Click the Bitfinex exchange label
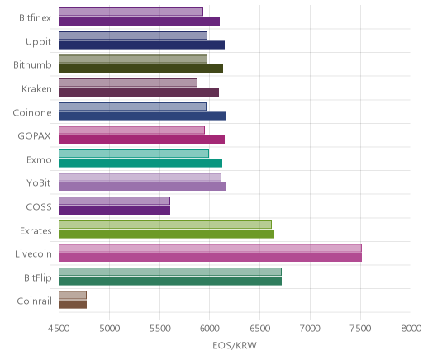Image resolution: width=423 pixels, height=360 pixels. coord(35,18)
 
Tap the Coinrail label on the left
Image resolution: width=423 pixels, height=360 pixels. coord(34,301)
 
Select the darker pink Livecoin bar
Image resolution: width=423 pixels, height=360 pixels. coord(210,258)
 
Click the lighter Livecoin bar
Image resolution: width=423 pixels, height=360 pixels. coord(210,248)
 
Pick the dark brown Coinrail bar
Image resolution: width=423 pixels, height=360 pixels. coord(73,305)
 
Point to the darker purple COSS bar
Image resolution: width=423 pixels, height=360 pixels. coord(114,211)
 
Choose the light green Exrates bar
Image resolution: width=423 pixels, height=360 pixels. coord(165,225)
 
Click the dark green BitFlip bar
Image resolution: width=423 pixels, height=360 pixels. coord(170,282)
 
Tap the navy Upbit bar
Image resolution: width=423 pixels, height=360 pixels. coord(141,45)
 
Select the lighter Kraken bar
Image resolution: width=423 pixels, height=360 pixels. coord(128,83)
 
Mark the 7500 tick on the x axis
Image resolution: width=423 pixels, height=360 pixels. coord(361,329)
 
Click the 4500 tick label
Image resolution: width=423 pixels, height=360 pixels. coord(59,329)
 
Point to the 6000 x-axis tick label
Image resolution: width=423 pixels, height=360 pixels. coord(209,329)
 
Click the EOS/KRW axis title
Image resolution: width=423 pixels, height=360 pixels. coord(235,346)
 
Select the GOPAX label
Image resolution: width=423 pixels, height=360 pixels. coord(34,136)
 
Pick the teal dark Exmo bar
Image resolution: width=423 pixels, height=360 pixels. coord(140,163)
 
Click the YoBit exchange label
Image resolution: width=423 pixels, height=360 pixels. coord(39,183)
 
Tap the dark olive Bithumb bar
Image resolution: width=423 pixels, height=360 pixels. coord(140,69)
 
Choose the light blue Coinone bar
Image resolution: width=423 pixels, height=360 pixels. coord(132,107)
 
